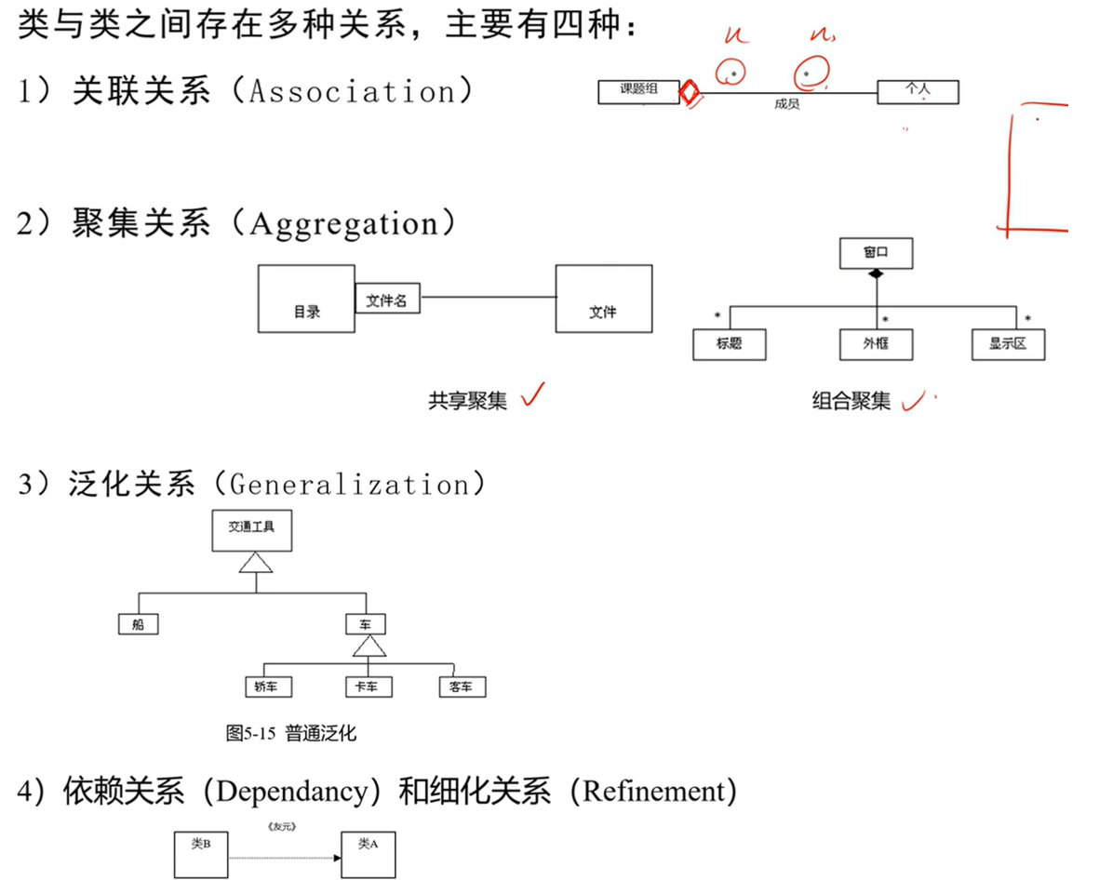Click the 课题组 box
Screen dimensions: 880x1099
click(x=639, y=91)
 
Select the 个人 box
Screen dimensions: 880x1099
click(x=918, y=91)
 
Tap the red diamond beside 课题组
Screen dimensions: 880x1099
click(x=689, y=93)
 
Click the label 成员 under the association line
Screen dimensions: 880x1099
click(x=786, y=105)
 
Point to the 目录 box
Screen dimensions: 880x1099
click(x=306, y=299)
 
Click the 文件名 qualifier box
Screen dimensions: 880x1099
click(x=387, y=300)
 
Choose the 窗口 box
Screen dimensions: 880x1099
click(x=876, y=253)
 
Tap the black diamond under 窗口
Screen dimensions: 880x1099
click(x=875, y=274)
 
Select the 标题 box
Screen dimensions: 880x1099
click(x=730, y=344)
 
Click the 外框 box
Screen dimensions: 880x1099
click(x=876, y=344)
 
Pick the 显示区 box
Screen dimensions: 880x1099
click(x=1007, y=344)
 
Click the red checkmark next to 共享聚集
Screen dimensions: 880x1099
click(x=533, y=397)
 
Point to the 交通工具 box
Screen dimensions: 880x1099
click(x=251, y=530)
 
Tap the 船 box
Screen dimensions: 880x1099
click(x=139, y=624)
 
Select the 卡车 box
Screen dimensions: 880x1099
click(x=368, y=687)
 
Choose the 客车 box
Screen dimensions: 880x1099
click(x=462, y=687)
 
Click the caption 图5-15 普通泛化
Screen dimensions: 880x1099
click(x=290, y=733)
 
